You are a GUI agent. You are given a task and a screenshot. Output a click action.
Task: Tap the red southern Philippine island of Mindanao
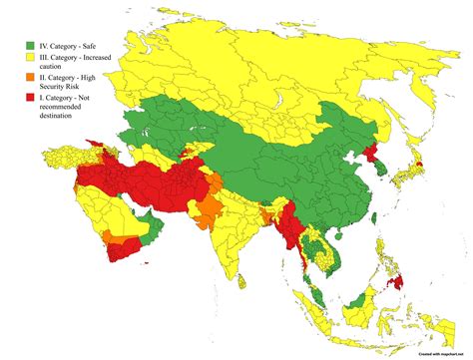pos(400,283)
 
